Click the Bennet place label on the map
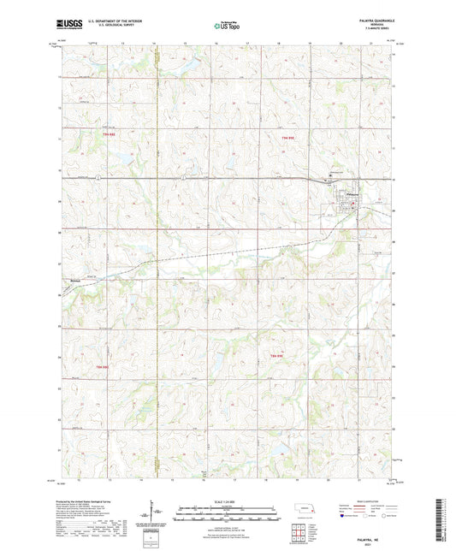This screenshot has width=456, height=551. pyautogui.click(x=75, y=276)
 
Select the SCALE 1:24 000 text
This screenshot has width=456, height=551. pyautogui.click(x=227, y=501)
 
